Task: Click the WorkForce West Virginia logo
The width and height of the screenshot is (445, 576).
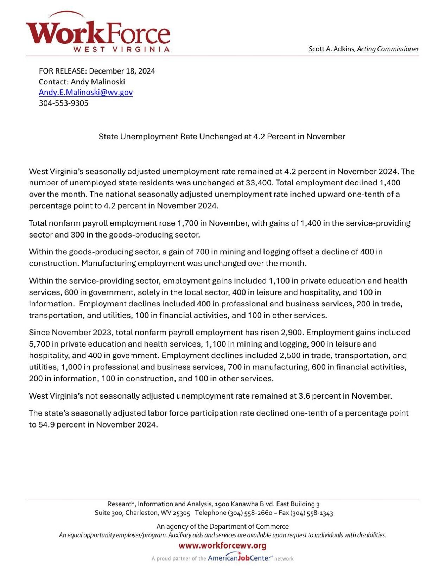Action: tap(98, 33)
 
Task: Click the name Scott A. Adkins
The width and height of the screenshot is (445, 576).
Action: tap(332, 49)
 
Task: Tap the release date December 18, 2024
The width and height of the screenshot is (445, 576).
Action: tap(122, 71)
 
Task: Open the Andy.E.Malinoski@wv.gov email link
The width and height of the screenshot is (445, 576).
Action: tap(85, 93)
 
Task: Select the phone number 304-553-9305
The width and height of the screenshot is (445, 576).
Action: tap(63, 103)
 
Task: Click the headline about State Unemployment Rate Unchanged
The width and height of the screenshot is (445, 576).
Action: tap(222, 137)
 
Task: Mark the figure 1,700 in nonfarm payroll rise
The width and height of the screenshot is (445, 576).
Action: tap(187, 223)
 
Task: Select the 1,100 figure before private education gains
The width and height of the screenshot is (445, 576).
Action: tap(278, 281)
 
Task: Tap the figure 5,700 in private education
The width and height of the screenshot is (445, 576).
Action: tap(39, 344)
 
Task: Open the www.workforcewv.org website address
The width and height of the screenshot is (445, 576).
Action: tap(222, 546)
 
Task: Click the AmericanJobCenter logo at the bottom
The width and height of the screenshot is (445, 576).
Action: tap(240, 558)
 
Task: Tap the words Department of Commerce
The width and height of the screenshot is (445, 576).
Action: tap(249, 527)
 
